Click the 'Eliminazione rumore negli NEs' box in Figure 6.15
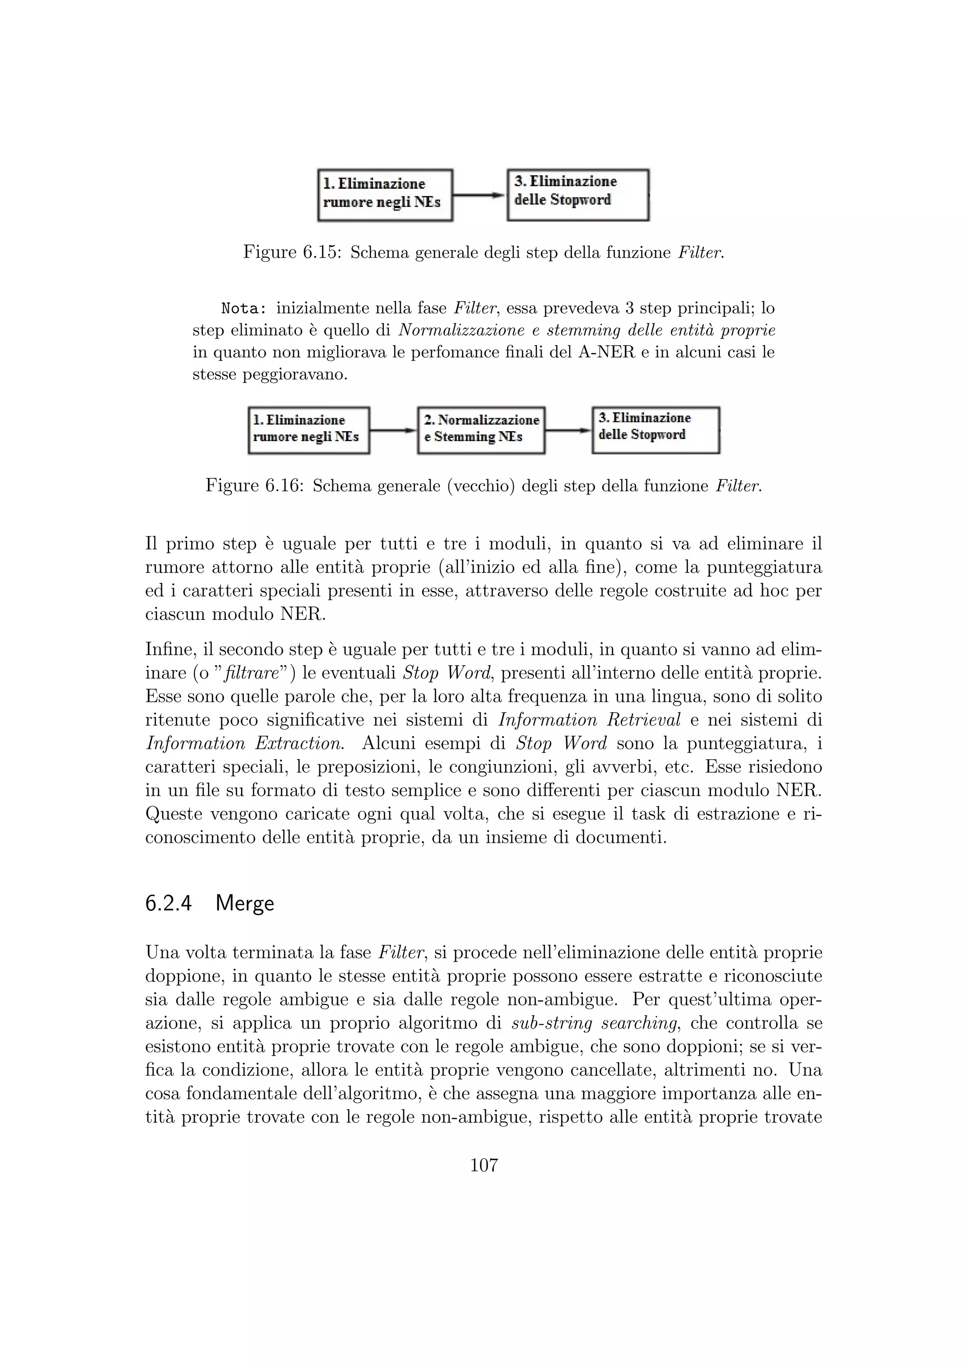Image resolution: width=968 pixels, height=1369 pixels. click(x=385, y=195)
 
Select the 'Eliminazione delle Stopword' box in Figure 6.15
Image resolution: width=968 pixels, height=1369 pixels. click(x=578, y=194)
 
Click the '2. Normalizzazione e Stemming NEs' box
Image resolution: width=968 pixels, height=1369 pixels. click(x=481, y=430)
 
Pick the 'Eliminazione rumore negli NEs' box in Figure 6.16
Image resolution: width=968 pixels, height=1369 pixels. click(x=309, y=430)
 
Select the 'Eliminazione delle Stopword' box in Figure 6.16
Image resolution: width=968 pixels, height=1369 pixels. click(x=656, y=429)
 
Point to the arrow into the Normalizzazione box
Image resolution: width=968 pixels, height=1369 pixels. click(x=393, y=430)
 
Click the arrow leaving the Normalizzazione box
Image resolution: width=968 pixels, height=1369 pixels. click(x=568, y=430)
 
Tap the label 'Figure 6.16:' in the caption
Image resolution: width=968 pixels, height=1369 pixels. click(x=254, y=485)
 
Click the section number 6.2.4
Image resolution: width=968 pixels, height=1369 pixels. click(x=168, y=903)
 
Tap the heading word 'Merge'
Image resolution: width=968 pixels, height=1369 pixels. click(x=244, y=903)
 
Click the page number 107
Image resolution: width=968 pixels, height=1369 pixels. click(x=484, y=1165)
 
